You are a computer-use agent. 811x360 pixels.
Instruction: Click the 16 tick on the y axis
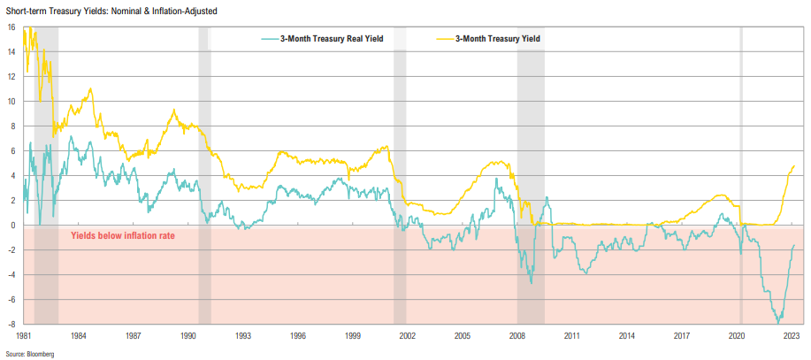tap(11, 27)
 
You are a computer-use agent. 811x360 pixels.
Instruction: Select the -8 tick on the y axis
tap(11, 324)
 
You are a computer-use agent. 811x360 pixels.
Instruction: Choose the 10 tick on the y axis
tap(11, 101)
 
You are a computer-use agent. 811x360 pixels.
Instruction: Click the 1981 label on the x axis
tap(23, 337)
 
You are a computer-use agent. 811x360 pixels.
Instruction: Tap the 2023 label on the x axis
tap(792, 337)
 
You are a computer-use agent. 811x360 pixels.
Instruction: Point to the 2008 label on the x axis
tap(517, 337)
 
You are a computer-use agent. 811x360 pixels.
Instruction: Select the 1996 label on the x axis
tap(298, 337)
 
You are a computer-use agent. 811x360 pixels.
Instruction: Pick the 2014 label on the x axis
tap(627, 337)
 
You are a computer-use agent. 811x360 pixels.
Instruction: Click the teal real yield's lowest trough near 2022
tap(777, 322)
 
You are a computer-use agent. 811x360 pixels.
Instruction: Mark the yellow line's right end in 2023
tap(794, 165)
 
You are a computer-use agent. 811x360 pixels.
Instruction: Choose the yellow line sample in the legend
tap(445, 39)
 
